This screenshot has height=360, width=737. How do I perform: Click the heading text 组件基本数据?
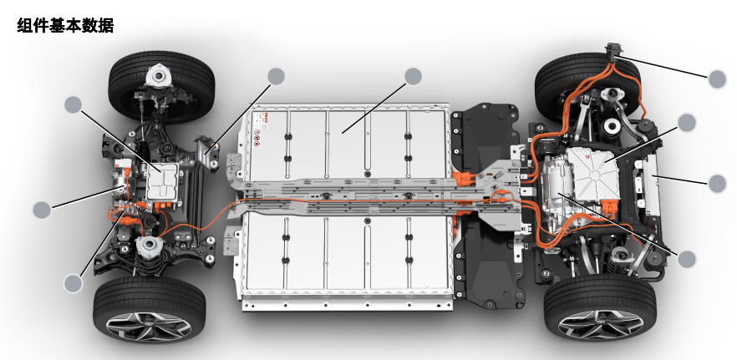[x=65, y=25]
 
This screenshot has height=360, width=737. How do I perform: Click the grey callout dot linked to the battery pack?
[x=413, y=77]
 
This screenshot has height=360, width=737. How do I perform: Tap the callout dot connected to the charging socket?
[x=717, y=79]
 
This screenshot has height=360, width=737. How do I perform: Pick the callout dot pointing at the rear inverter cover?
[x=687, y=123]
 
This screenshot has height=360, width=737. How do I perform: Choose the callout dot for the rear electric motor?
[x=687, y=259]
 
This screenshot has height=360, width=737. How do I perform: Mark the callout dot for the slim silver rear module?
[x=717, y=184]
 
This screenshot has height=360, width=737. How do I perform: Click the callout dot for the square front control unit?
[x=73, y=104]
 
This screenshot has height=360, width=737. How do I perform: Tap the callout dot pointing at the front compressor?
[x=42, y=210]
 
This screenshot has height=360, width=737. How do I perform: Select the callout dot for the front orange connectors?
[x=73, y=283]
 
